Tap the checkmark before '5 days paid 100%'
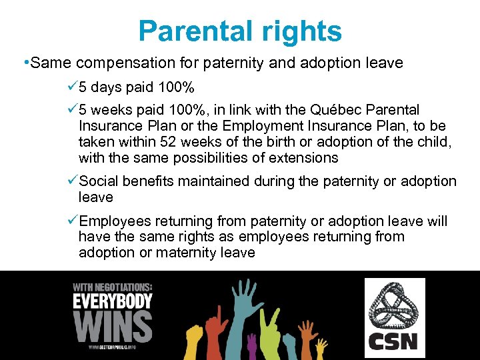[x=73, y=87]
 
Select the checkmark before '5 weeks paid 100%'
[x=73, y=109]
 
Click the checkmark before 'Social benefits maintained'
[x=73, y=181]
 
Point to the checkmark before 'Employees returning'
[x=73, y=221]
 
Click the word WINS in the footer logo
[x=112, y=326]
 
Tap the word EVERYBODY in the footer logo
[x=112, y=301]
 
